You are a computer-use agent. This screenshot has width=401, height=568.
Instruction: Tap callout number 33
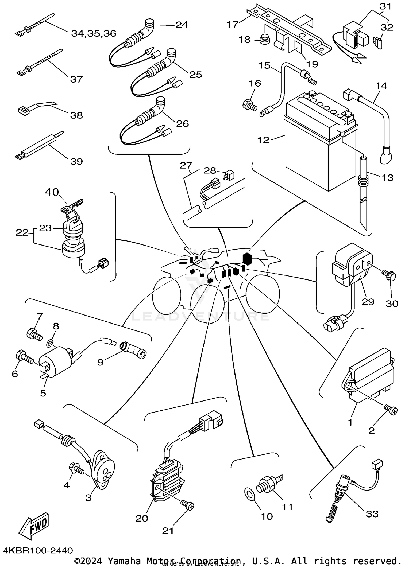tap(372, 513)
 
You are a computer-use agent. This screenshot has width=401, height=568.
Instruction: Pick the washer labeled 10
tap(250, 494)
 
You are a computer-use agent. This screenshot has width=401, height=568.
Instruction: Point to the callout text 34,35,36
tap(94, 34)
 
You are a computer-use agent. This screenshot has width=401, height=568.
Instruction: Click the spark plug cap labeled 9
tap(132, 351)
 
